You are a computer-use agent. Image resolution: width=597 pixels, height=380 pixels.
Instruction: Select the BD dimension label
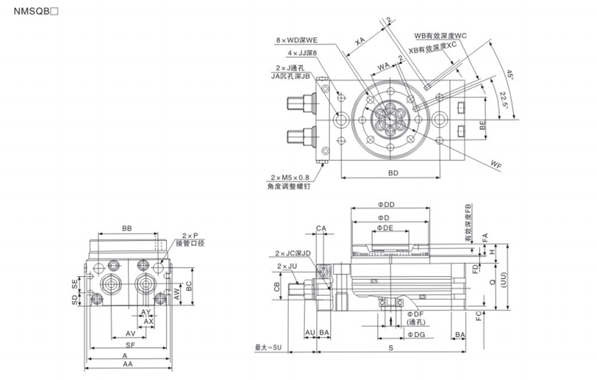[394, 173]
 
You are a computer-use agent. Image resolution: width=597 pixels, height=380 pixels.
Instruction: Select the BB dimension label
[127, 229]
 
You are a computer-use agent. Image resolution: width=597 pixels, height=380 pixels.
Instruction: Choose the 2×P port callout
[191, 236]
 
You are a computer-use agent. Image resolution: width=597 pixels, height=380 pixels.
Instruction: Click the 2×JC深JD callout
[293, 253]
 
